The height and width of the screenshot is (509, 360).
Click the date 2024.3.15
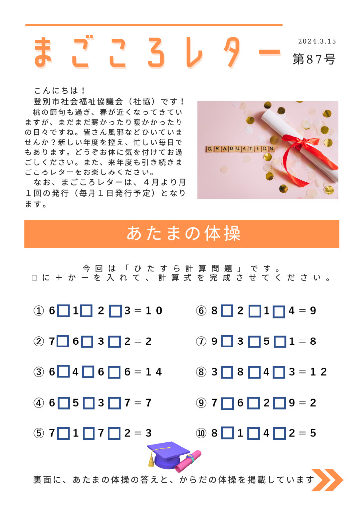[x=317, y=41]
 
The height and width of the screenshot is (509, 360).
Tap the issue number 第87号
[x=314, y=60]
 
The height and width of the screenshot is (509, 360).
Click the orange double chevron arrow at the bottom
[x=327, y=480]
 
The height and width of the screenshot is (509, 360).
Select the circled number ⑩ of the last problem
[x=201, y=433]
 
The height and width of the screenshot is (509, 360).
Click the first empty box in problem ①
[x=63, y=311]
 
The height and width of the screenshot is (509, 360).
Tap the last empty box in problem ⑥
[x=279, y=312]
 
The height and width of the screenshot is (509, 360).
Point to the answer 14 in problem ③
[x=155, y=372]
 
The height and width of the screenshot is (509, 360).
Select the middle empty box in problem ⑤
[x=89, y=434]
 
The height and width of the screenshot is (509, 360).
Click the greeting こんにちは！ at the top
[x=60, y=91]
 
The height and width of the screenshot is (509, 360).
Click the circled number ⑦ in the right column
[x=201, y=342]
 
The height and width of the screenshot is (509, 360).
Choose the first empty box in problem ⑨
[x=227, y=403]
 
